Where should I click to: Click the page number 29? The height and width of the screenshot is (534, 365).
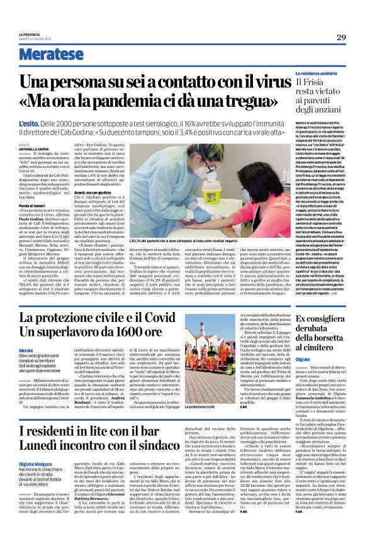341,37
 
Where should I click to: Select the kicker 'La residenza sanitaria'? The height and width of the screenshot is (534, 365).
323,74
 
